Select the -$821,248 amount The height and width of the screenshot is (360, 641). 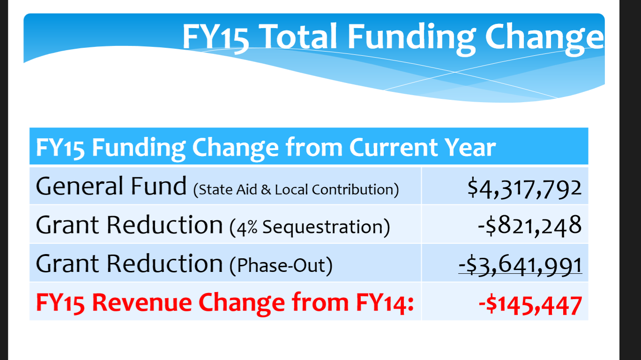(x=530, y=225)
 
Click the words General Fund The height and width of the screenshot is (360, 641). (x=111, y=186)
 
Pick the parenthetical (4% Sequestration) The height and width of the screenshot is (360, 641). (x=310, y=227)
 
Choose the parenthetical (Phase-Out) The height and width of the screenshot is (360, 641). (x=281, y=266)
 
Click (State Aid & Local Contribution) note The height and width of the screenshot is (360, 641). (x=296, y=189)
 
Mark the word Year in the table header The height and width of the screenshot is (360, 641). (x=470, y=147)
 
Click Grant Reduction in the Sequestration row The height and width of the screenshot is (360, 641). (x=129, y=225)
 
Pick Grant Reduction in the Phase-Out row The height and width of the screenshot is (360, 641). (x=129, y=264)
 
